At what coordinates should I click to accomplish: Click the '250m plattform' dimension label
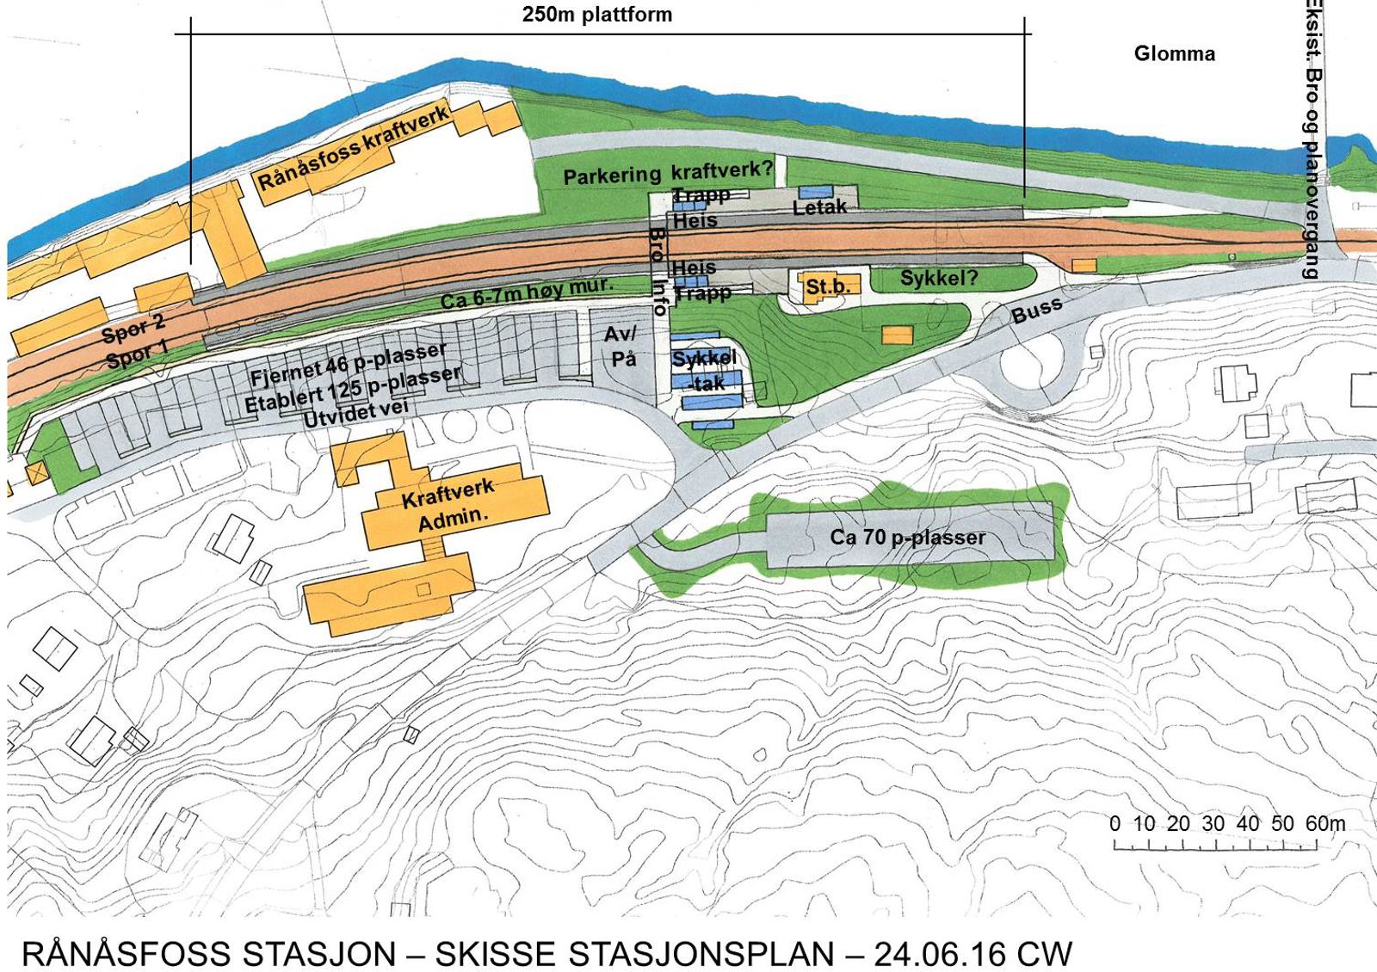(596, 15)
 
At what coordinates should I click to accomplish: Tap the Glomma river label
(1174, 54)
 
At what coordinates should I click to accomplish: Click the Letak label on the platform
(819, 206)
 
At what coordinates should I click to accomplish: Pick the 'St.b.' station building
(827, 286)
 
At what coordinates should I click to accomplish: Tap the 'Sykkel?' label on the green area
(939, 278)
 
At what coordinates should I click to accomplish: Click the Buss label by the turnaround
(1036, 310)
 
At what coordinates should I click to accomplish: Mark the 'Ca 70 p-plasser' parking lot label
(907, 538)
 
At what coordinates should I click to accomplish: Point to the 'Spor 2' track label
(133, 328)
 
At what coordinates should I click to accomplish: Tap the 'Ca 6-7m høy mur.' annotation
(527, 293)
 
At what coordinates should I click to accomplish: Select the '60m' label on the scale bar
(1325, 823)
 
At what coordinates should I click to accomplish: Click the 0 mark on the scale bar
(1115, 823)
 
